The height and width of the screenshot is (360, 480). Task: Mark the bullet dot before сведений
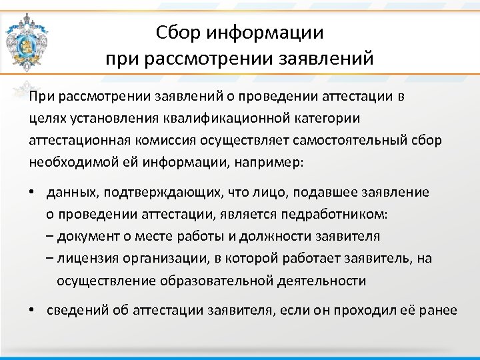[x=33, y=311]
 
